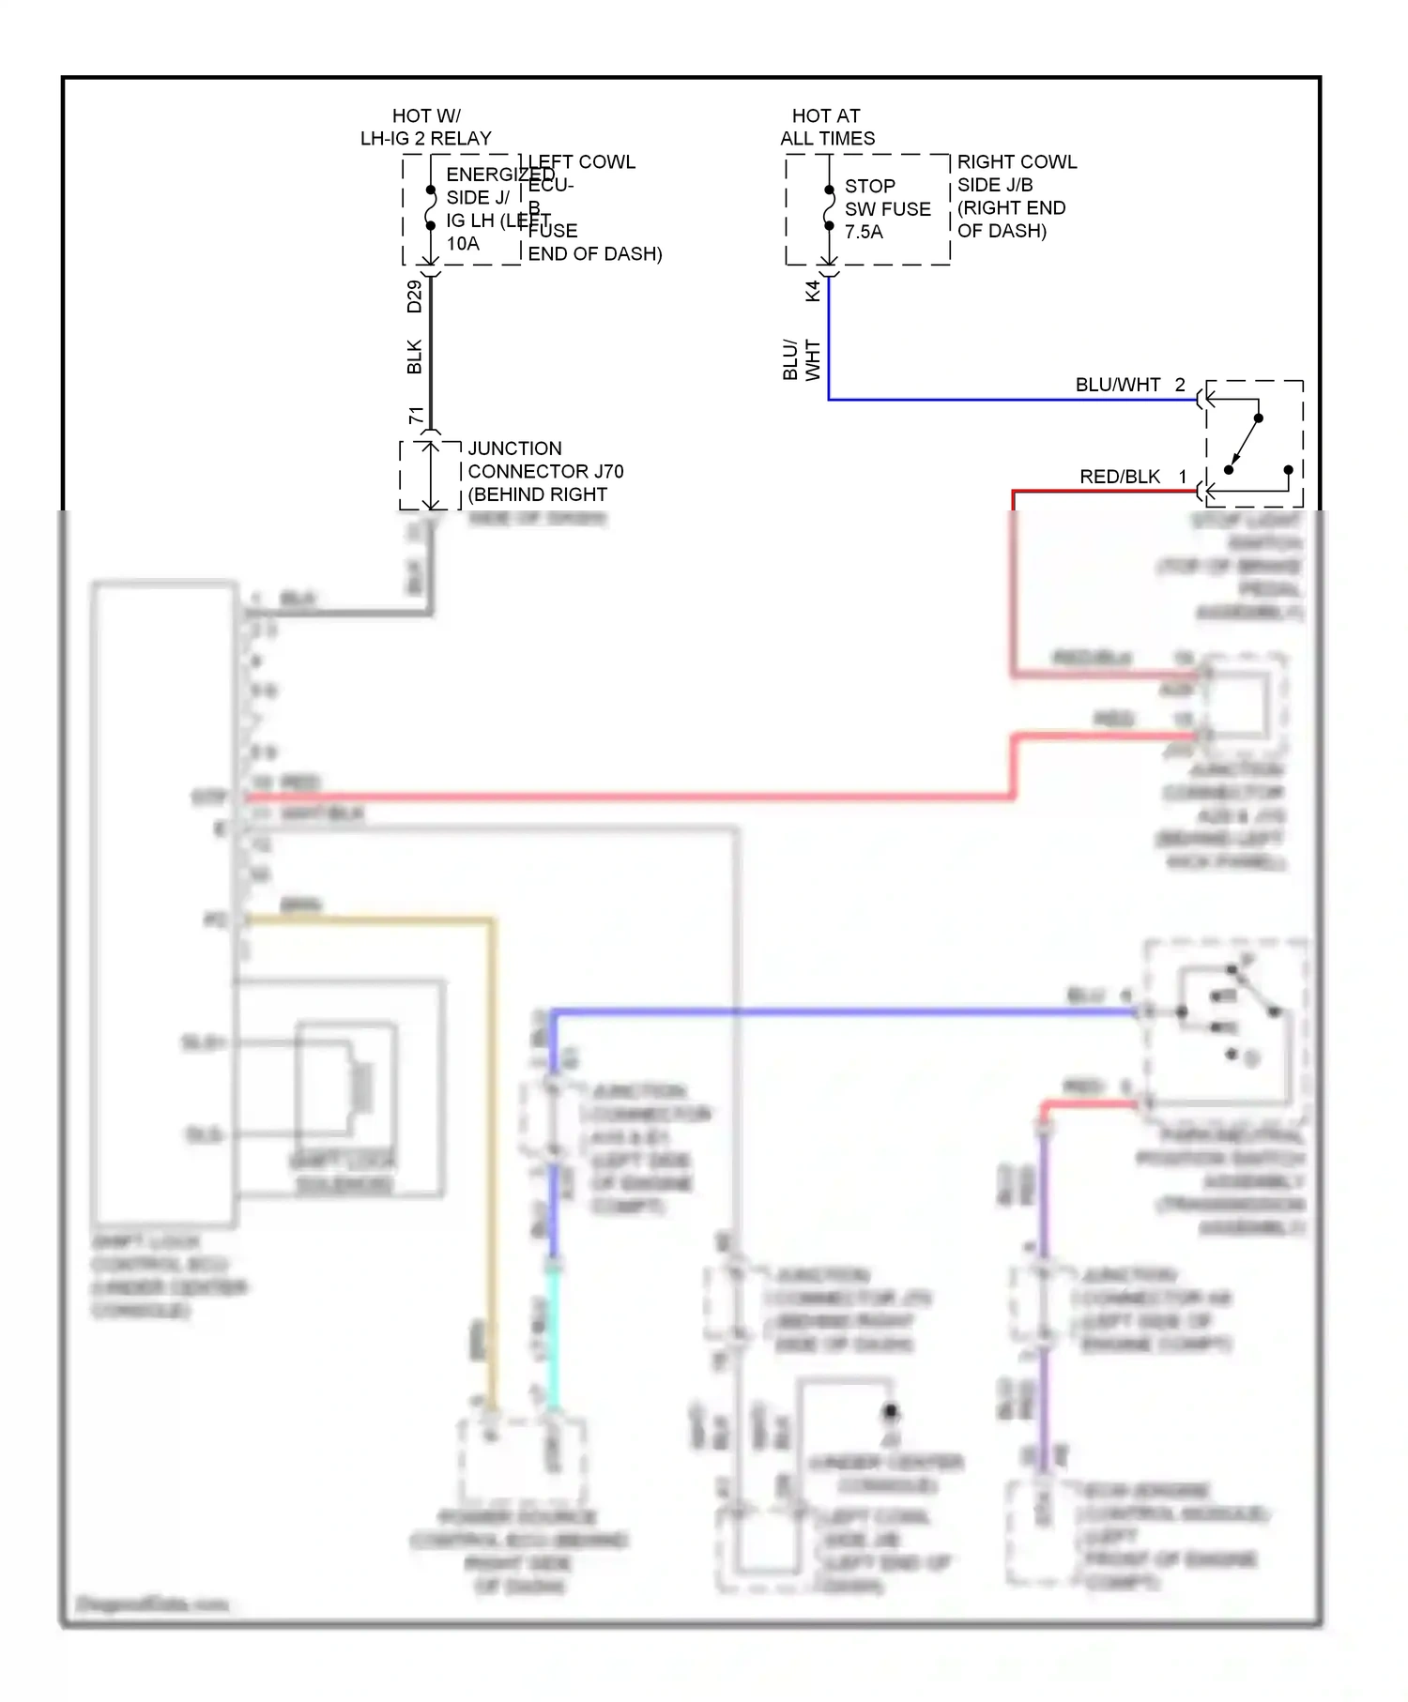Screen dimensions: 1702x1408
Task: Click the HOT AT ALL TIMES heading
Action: tap(827, 127)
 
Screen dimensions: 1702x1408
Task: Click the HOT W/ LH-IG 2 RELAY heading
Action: tap(425, 127)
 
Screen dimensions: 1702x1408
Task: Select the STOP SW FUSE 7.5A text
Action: tap(886, 208)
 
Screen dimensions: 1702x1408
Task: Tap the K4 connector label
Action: tap(813, 290)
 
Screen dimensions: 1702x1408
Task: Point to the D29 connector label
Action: tap(414, 296)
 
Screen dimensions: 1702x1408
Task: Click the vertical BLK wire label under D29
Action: tap(414, 357)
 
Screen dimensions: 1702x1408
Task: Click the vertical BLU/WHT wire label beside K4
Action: tap(801, 359)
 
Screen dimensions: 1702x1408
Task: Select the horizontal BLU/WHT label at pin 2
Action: tap(1117, 385)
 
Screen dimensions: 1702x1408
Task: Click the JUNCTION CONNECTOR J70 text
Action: tap(544, 471)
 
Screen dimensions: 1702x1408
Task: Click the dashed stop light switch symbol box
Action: tap(1254, 443)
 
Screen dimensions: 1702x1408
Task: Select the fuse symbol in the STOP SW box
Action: tap(829, 207)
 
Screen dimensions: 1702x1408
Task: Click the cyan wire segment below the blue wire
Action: tap(554, 1332)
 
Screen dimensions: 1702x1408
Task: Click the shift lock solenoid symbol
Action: tap(359, 1088)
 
